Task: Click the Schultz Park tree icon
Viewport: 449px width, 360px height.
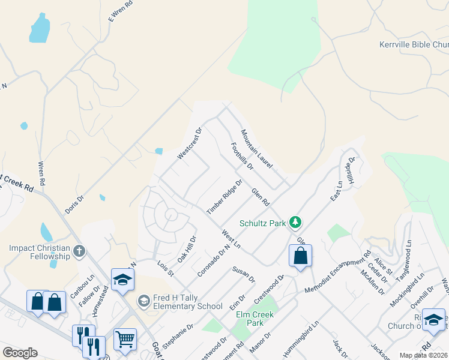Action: point(295,223)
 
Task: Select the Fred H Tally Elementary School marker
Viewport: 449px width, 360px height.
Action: point(143,300)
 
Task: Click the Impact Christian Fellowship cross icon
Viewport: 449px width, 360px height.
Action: point(79,251)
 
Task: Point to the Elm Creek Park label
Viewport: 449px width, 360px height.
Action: point(255,319)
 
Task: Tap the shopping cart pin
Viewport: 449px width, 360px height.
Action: point(125,339)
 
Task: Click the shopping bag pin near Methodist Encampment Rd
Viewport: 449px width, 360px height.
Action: point(300,256)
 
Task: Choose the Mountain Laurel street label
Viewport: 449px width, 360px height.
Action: point(257,149)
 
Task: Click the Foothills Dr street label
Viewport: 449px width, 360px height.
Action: point(243,155)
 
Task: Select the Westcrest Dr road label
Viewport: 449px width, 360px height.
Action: point(190,143)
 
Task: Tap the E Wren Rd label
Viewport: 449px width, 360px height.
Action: point(120,11)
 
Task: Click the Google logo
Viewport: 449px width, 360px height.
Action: point(20,353)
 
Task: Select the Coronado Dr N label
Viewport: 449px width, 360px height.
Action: point(214,260)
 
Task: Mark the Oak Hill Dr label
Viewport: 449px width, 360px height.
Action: point(187,249)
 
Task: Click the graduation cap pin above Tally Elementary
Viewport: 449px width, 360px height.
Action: point(122,280)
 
